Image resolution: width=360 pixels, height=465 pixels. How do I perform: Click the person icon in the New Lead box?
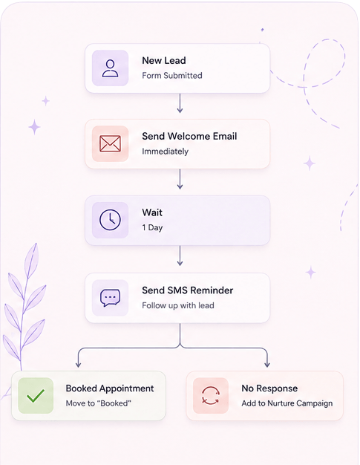(110, 68)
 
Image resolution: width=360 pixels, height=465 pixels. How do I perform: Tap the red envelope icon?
(110, 144)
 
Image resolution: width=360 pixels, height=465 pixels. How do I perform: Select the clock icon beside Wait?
(110, 220)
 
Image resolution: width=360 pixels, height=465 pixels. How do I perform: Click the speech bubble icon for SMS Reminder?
(110, 298)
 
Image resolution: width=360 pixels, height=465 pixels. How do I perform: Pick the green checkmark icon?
(36, 396)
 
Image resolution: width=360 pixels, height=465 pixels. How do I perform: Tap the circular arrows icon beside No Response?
(211, 396)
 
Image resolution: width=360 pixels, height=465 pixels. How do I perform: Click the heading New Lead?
(164, 60)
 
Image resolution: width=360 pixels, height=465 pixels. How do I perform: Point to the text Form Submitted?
(172, 76)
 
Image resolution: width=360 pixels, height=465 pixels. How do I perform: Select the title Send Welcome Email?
(189, 136)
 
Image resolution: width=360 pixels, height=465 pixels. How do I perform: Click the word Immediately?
(165, 152)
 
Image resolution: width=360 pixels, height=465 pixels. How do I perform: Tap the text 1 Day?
(152, 227)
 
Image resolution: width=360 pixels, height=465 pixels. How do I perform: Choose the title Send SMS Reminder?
(188, 290)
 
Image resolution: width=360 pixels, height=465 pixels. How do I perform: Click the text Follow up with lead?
(178, 305)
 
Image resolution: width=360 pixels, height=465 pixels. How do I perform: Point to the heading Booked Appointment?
(110, 388)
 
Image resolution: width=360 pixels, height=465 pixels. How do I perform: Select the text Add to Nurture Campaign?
(287, 403)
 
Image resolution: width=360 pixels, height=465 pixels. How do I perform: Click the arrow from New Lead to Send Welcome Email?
(180, 103)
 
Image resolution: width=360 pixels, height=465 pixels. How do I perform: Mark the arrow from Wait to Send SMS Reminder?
(180, 256)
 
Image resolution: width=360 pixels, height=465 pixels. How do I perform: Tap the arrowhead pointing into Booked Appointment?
(78, 365)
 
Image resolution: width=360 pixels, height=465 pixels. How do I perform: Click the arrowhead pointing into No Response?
(267, 365)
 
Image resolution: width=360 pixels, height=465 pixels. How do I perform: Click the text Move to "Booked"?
(99, 403)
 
